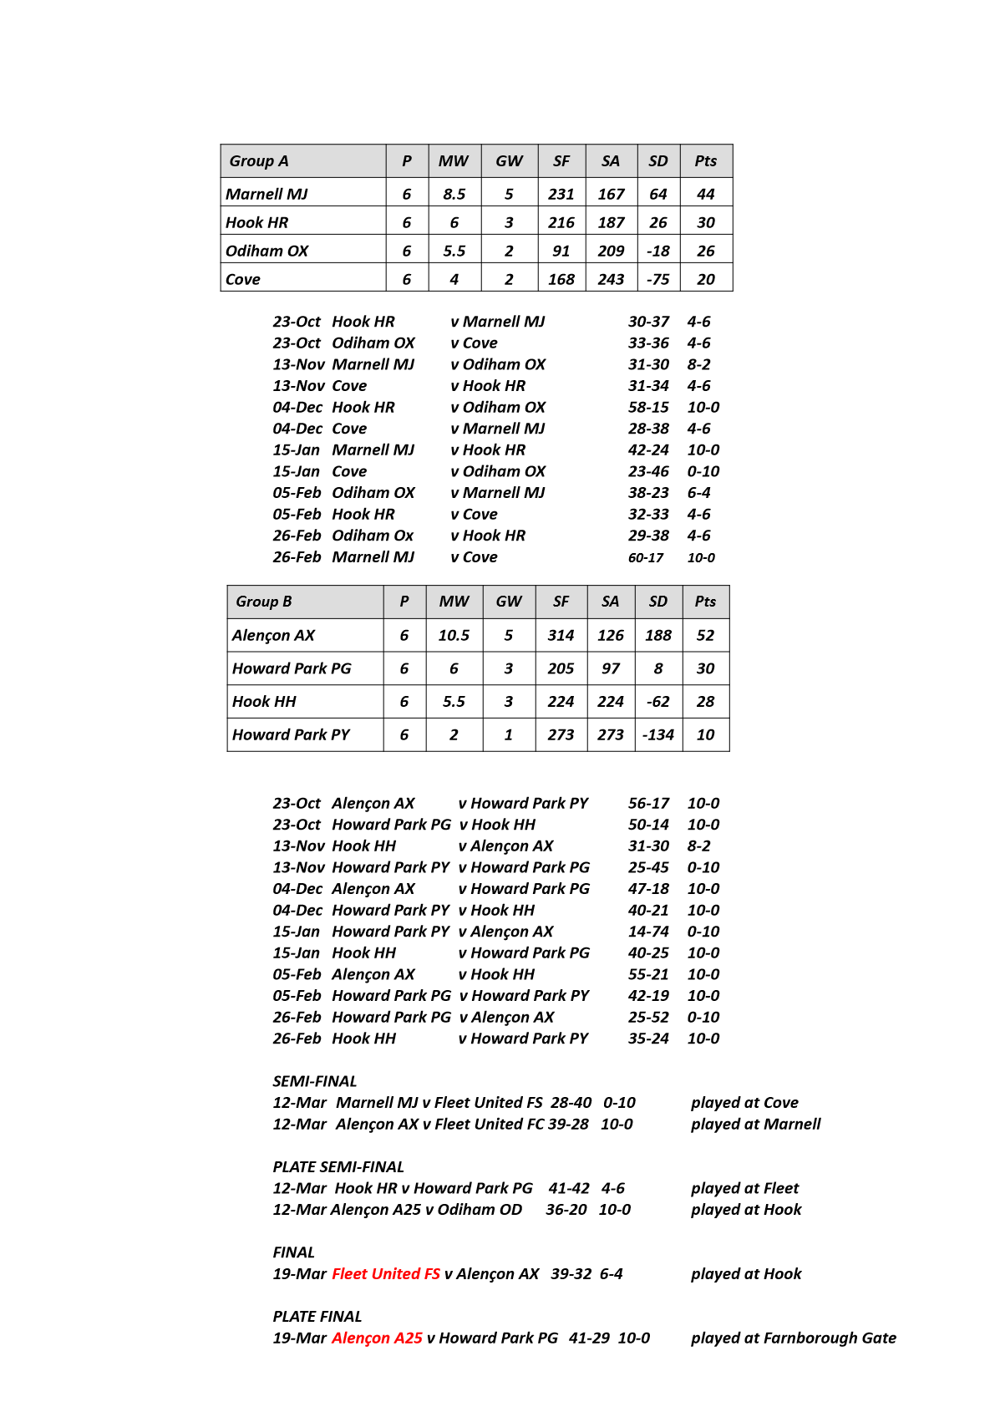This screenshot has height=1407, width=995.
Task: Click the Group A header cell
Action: pos(259,161)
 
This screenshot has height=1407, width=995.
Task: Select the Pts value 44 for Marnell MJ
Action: pos(706,195)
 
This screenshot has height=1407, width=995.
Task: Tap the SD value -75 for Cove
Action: pos(658,280)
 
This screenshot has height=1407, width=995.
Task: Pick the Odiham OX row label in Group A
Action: pos(267,251)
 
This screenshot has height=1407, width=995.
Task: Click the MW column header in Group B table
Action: pos(454,602)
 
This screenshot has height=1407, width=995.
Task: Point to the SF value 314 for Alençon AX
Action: pos(561,636)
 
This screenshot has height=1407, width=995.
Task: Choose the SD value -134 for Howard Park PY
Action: pos(658,735)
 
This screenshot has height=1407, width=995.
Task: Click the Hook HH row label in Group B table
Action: pos(264,702)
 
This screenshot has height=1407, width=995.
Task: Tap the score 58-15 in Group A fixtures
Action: pos(648,408)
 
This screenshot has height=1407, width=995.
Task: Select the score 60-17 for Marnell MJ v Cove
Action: pos(646,558)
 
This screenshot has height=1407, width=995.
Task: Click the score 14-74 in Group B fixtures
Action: pos(648,932)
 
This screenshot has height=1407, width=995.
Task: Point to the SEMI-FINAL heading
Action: pos(315,1082)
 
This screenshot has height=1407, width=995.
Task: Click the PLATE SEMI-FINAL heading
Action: pos(338,1167)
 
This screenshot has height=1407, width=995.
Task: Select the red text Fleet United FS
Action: pos(386,1274)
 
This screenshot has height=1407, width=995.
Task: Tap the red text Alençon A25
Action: pos(377,1338)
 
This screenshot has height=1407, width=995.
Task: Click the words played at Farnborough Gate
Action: pos(793,1338)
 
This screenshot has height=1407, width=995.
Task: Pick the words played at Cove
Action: pos(744,1103)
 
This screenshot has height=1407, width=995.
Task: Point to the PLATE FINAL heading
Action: pos(317,1317)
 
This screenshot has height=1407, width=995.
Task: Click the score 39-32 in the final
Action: pos(571,1274)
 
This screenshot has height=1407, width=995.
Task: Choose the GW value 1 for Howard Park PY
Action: pos(508,735)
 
